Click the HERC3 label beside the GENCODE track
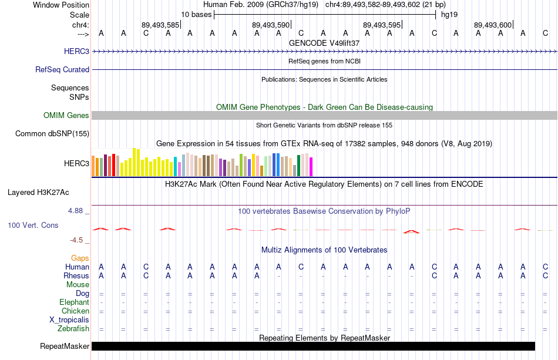[76, 51]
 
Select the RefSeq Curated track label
[62, 69]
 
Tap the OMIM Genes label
[66, 115]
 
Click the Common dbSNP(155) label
[52, 133]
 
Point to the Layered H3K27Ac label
[38, 192]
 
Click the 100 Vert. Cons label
[33, 225]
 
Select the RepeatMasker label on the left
[65, 346]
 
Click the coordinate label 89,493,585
[160, 25]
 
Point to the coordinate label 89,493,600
[493, 25]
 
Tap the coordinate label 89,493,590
[271, 25]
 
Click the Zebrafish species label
[73, 328]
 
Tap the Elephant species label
[75, 302]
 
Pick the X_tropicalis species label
[69, 319]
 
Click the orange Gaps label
[80, 258]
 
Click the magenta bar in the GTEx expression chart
[311, 167]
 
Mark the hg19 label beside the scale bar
[449, 15]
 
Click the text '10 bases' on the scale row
[196, 15]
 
